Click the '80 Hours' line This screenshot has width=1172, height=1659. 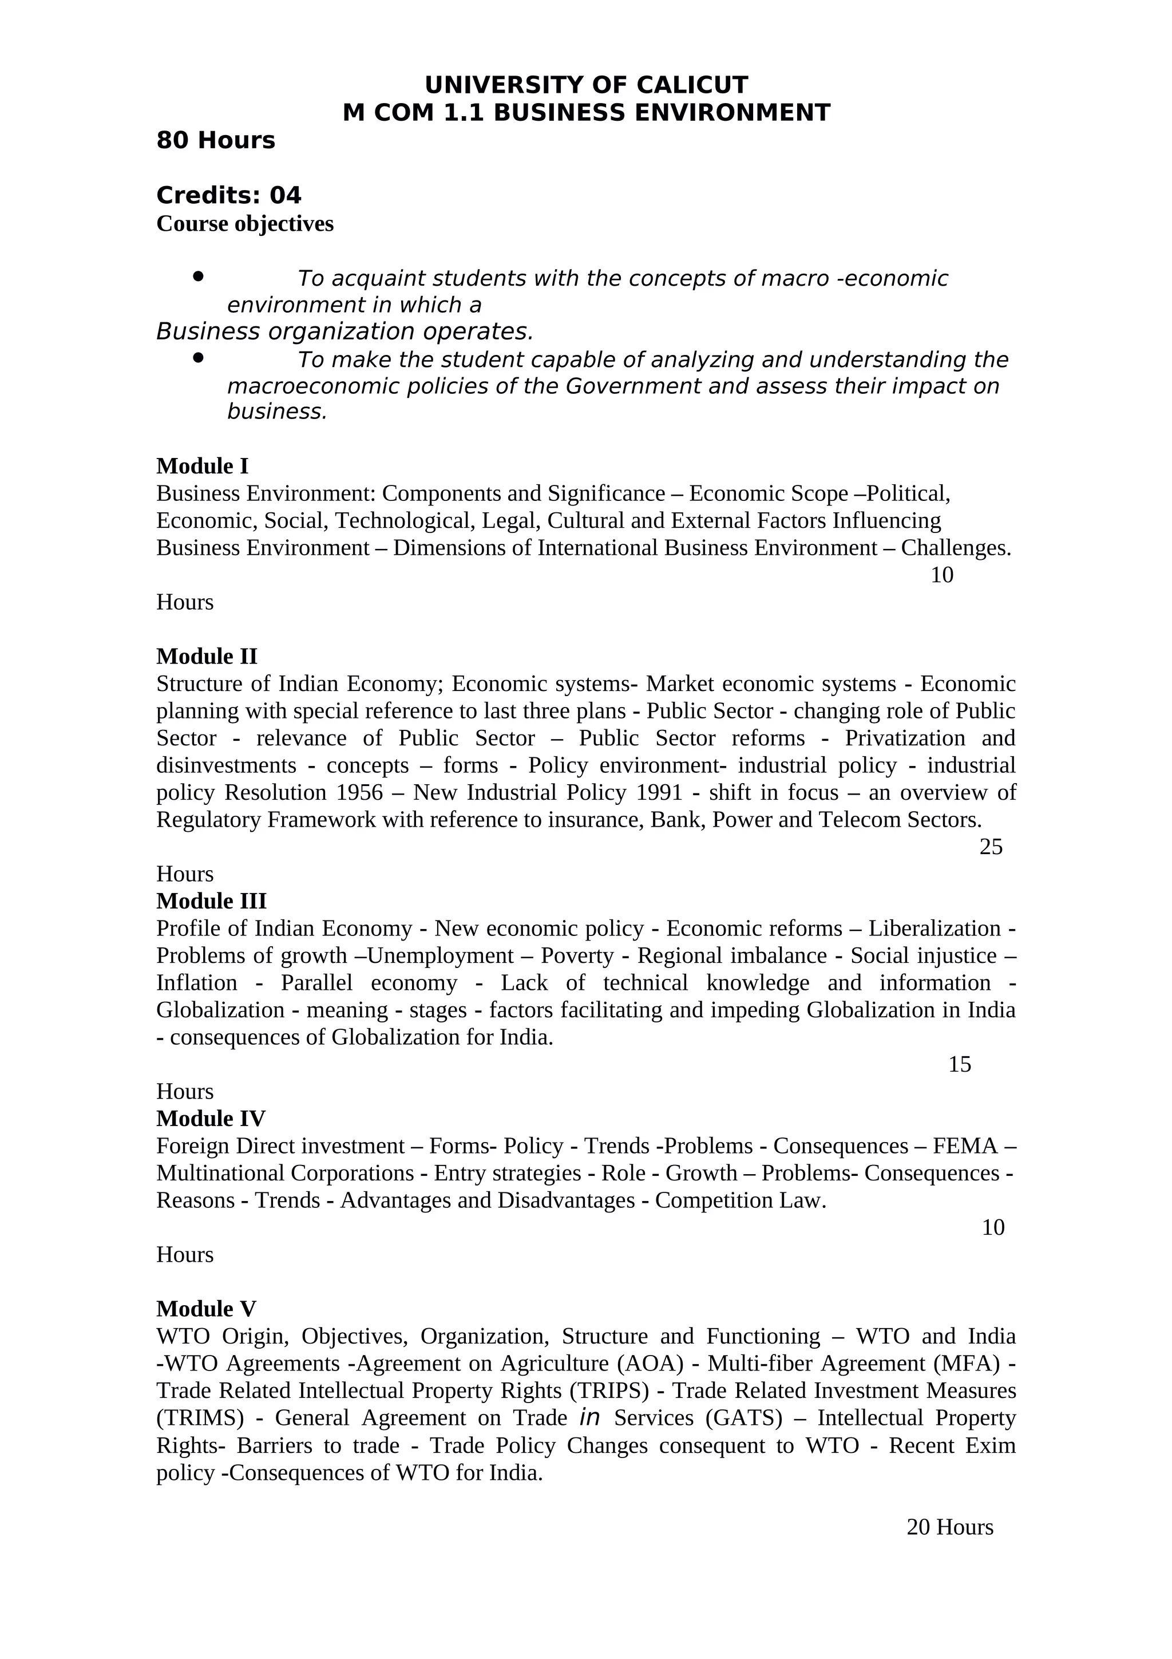point(215,140)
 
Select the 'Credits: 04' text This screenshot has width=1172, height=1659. point(228,195)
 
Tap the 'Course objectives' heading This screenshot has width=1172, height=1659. point(245,223)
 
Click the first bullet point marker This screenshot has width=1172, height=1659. point(198,276)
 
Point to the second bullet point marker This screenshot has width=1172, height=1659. point(198,358)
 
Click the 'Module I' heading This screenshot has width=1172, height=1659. point(202,466)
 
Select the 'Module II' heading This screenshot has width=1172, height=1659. point(207,656)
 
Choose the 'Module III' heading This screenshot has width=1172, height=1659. point(211,901)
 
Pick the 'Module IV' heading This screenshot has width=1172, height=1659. point(210,1119)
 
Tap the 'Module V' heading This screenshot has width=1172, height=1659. point(206,1309)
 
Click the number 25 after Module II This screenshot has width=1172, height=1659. point(991,847)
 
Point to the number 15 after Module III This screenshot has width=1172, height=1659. point(959,1064)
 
